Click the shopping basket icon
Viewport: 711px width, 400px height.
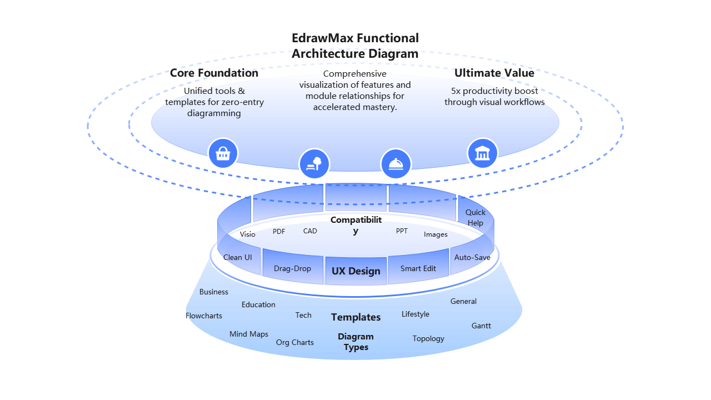pyautogui.click(x=223, y=153)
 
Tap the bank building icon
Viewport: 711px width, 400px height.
pyautogui.click(x=482, y=153)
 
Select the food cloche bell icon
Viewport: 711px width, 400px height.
pyautogui.click(x=395, y=164)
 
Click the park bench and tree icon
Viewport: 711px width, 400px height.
pyautogui.click(x=314, y=164)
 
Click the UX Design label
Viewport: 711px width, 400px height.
pyautogui.click(x=356, y=271)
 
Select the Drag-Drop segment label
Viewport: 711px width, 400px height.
pyautogui.click(x=292, y=268)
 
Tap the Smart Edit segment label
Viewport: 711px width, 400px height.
pyautogui.click(x=418, y=268)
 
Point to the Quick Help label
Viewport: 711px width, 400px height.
pyautogui.click(x=475, y=217)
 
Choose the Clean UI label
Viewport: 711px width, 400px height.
pyautogui.click(x=237, y=257)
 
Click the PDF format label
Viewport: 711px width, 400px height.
pyautogui.click(x=279, y=231)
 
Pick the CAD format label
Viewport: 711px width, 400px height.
pyautogui.click(x=310, y=231)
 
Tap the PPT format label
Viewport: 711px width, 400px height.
pyautogui.click(x=402, y=231)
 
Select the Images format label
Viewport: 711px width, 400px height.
pyautogui.click(x=435, y=234)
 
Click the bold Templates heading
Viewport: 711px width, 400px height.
pyautogui.click(x=356, y=317)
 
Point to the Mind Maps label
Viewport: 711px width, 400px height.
pyautogui.click(x=249, y=334)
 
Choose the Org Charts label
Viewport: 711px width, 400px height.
pyautogui.click(x=295, y=342)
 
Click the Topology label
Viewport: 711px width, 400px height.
pyautogui.click(x=428, y=338)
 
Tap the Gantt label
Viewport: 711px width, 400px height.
pyautogui.click(x=481, y=326)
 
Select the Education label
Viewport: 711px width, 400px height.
pyautogui.click(x=258, y=304)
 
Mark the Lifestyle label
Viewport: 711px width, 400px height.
pyautogui.click(x=415, y=314)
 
